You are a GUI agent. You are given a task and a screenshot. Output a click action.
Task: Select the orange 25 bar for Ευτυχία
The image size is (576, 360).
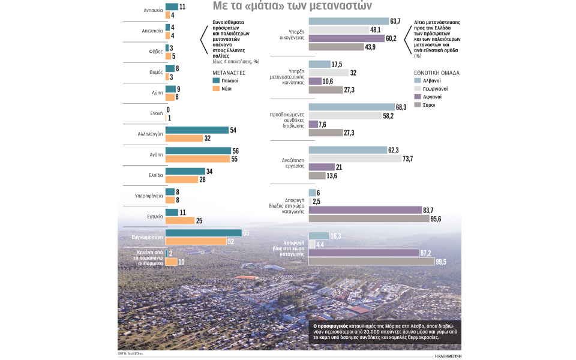pos(179,220)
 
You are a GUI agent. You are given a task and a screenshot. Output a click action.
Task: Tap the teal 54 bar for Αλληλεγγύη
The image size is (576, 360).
pos(197,130)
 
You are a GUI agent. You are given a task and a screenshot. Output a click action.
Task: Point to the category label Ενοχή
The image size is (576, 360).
pos(155,113)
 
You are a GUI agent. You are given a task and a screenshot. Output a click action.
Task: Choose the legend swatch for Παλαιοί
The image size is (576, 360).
pos(216,80)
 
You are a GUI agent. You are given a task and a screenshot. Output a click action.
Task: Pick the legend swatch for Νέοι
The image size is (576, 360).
pos(216,88)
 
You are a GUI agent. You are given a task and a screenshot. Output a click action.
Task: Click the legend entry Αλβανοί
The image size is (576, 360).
pos(431,80)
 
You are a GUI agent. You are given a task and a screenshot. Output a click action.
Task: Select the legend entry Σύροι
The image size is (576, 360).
pos(428,105)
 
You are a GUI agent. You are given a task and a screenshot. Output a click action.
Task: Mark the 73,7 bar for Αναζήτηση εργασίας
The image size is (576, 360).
pos(355,158)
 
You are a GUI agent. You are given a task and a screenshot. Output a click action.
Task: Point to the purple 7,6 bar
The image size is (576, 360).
pos(313,124)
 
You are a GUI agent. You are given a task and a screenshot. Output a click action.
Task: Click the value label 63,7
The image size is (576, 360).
pos(395,22)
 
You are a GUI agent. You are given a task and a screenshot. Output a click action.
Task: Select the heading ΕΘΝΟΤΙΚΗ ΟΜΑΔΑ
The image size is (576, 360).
pos(437,71)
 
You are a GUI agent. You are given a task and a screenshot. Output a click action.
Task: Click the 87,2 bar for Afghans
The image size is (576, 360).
pos(363,253)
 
